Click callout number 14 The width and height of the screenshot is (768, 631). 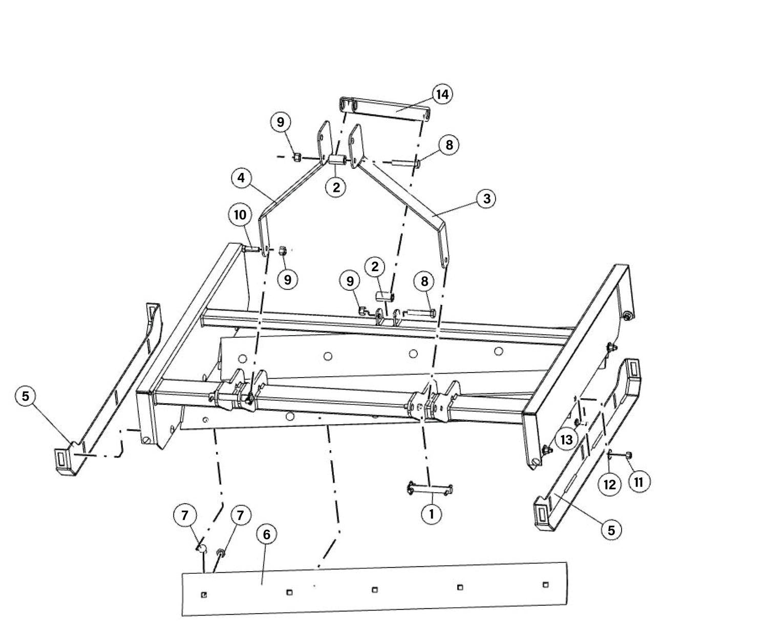[442, 94]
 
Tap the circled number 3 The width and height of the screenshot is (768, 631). [487, 199]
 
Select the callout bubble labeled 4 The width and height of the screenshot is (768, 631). [241, 178]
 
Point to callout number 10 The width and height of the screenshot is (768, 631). [240, 215]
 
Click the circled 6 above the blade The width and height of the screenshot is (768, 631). [267, 535]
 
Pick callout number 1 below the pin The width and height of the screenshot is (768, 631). [432, 514]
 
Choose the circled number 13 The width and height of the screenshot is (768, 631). [567, 440]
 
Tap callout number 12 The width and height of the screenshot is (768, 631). [610, 485]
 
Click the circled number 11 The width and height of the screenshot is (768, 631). [639, 482]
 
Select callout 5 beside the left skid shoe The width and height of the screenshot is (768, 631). [26, 396]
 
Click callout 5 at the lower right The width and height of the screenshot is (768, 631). [611, 530]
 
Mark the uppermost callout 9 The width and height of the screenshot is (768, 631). [281, 122]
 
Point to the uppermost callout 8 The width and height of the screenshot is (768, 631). [450, 145]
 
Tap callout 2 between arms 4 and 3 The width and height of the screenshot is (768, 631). [336, 187]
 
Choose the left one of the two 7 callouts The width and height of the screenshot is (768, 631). [185, 515]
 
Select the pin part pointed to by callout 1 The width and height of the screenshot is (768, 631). [430, 489]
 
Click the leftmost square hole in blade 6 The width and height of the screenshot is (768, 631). [204, 595]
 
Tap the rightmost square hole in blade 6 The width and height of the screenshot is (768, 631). [545, 585]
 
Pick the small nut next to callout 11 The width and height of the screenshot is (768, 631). [629, 455]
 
